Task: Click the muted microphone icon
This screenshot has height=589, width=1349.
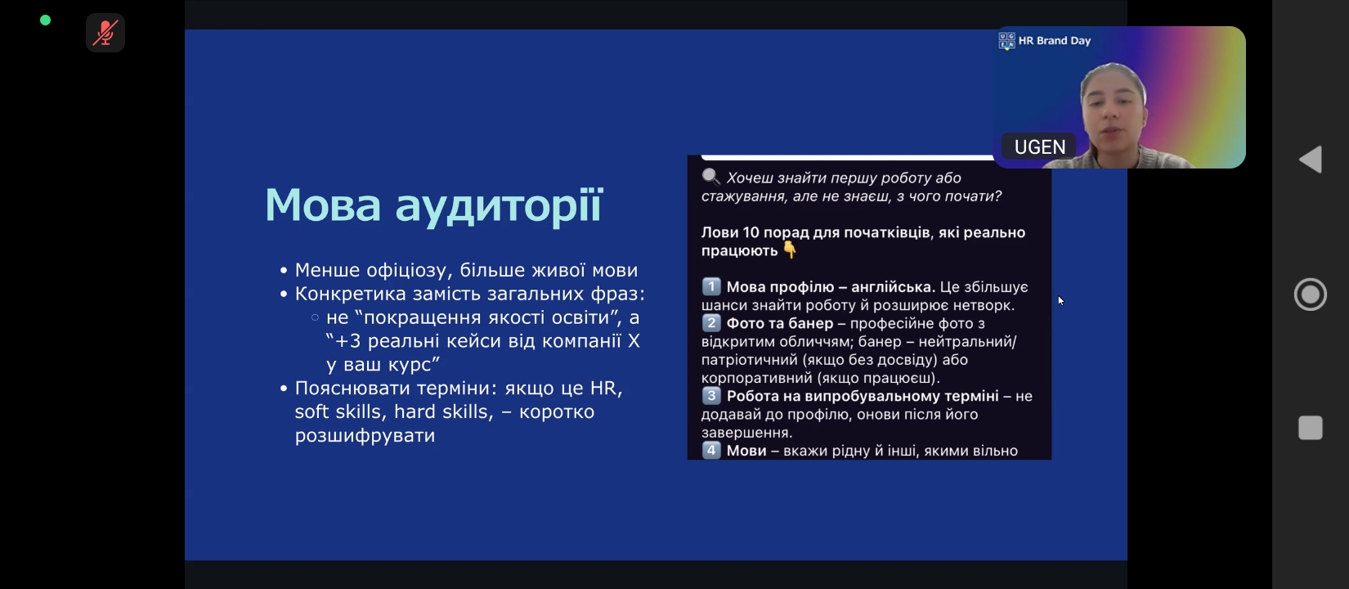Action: pos(105,33)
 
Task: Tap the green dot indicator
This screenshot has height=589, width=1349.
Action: pos(45,20)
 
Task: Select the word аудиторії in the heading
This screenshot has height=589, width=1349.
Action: pos(499,207)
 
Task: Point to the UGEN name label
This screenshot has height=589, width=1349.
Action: pos(1039,147)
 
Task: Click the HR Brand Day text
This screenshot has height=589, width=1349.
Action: pos(1054,41)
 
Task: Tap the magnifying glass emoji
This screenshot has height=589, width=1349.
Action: pos(710,177)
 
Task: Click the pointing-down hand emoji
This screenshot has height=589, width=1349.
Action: pos(790,250)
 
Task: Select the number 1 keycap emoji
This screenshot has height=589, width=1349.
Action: pos(711,286)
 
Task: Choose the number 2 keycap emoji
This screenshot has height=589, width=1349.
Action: pos(711,323)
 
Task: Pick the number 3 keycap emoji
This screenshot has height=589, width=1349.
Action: pos(711,396)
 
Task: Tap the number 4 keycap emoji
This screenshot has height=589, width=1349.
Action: pos(711,451)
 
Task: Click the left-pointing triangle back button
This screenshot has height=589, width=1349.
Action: pos(1311,160)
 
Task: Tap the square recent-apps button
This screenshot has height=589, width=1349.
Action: pos(1311,427)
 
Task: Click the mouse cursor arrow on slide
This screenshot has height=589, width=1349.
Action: pos(1060,301)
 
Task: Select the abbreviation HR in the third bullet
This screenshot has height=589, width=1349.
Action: pos(604,388)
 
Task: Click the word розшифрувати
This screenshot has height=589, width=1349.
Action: pos(365,435)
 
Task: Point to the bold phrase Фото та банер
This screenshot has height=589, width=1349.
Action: pos(780,323)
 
